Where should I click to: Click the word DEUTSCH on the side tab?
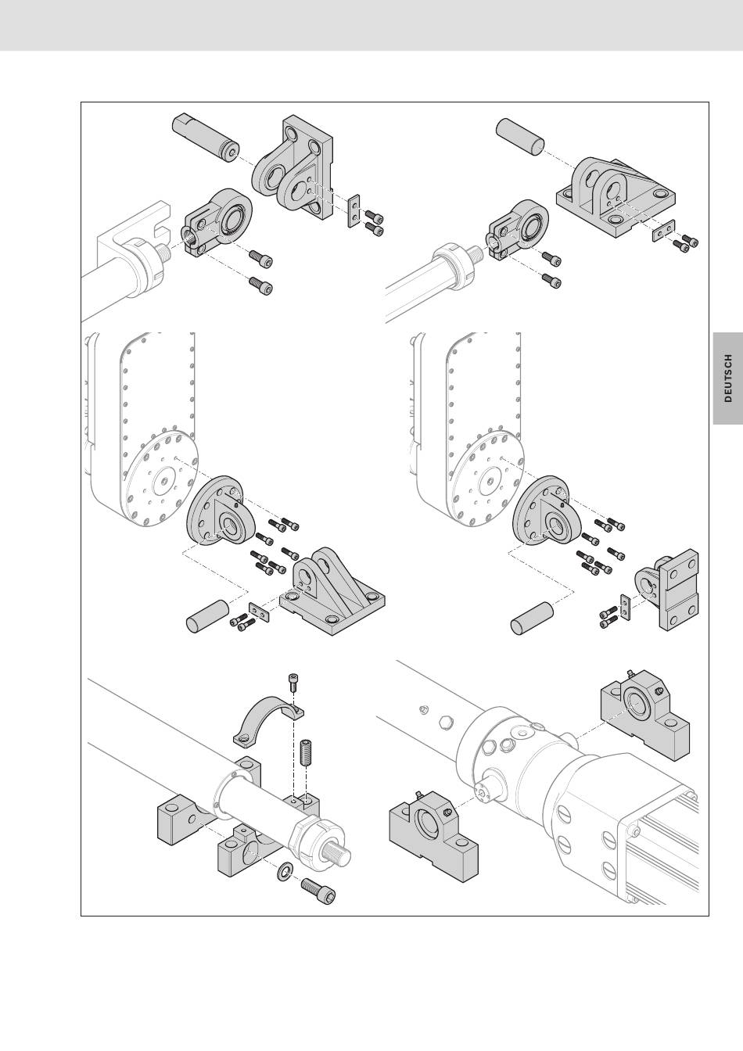[x=728, y=378]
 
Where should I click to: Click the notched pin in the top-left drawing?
[x=205, y=138]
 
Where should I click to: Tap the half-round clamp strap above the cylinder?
[x=268, y=721]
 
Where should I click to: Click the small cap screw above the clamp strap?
[x=292, y=683]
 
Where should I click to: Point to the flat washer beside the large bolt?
[x=285, y=871]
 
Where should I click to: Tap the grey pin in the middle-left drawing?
[x=207, y=616]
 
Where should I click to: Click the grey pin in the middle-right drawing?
[x=532, y=619]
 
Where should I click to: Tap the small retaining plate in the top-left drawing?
[x=354, y=210]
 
